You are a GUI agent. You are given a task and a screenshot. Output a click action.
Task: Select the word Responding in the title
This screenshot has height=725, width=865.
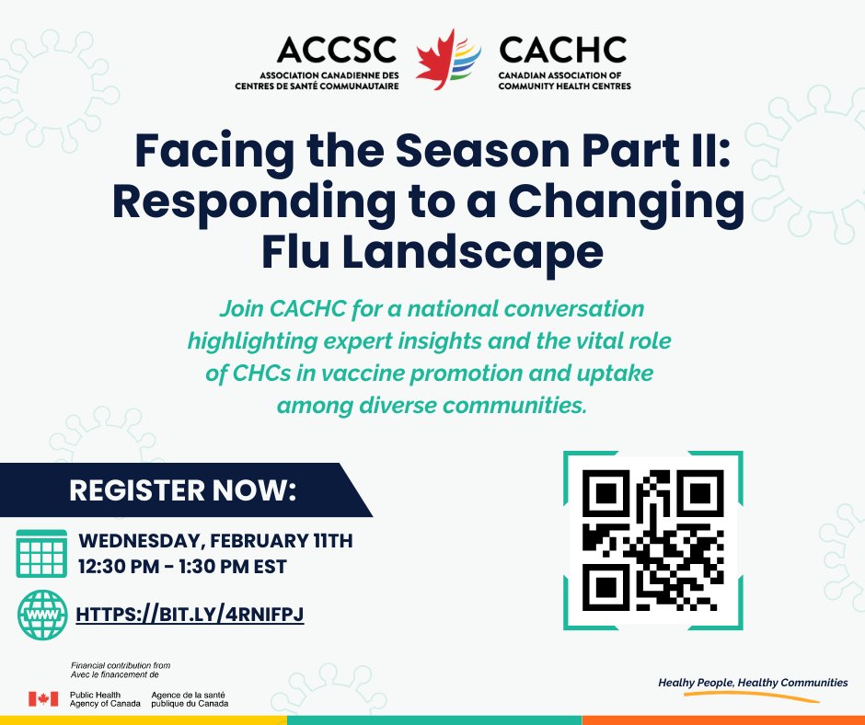point(250,203)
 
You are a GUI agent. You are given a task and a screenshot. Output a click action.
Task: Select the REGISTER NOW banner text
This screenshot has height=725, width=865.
point(184,490)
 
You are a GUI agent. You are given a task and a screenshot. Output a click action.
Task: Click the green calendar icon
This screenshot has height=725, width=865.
point(42,552)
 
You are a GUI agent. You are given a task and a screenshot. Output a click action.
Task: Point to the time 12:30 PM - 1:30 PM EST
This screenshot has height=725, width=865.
point(182,566)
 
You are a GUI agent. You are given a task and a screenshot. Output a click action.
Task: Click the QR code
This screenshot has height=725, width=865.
point(652,540)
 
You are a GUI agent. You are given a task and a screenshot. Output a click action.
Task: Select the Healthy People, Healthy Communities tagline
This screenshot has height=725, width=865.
point(753,683)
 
